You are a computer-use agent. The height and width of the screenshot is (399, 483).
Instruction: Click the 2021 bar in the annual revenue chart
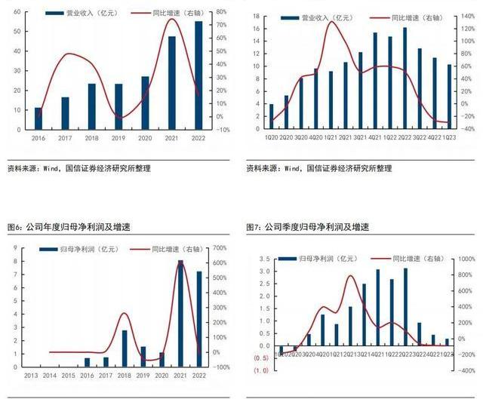[171, 83]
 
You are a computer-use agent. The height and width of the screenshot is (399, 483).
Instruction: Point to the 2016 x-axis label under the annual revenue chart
[38, 138]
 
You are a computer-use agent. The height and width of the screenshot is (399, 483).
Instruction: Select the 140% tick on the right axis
[469, 16]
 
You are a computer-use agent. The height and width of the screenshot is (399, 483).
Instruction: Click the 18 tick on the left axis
[256, 16]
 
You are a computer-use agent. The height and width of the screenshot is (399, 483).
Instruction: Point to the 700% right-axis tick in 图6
[221, 248]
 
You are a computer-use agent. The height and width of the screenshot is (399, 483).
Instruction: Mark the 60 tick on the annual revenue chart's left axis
[17, 13]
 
